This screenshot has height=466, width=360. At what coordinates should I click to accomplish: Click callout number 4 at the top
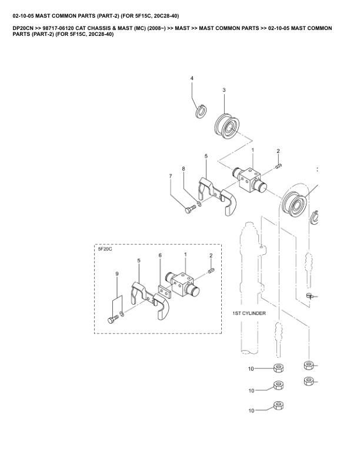click(192, 78)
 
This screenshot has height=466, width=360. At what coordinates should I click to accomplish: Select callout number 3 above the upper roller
click(224, 90)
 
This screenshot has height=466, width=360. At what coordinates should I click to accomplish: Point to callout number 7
click(171, 177)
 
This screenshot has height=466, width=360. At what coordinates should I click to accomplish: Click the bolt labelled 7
click(191, 208)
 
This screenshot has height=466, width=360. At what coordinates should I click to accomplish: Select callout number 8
click(184, 169)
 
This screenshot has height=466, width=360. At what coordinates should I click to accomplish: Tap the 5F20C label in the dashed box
click(105, 249)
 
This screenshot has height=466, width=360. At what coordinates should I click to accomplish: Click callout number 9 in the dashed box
click(117, 274)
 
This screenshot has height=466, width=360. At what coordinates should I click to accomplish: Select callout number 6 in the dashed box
click(160, 255)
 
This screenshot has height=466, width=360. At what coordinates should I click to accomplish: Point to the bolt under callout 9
click(113, 319)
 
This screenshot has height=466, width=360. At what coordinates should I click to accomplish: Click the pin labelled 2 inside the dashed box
click(211, 271)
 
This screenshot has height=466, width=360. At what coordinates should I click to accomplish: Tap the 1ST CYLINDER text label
click(249, 313)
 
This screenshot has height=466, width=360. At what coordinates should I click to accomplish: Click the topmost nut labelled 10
click(278, 368)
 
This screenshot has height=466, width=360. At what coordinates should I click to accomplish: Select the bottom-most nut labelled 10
click(278, 405)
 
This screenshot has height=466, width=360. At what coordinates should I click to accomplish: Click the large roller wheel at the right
click(296, 202)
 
